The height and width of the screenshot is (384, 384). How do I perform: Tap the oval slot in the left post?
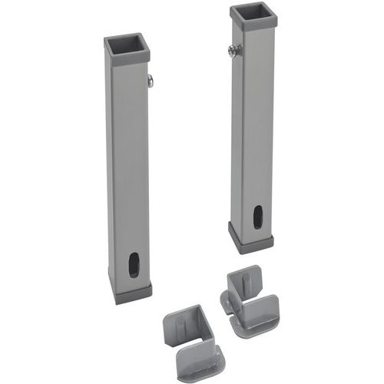134,263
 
